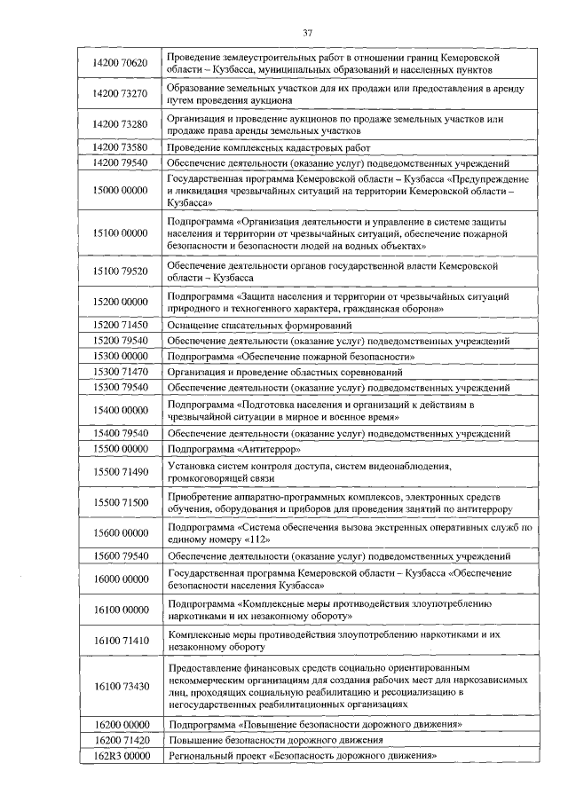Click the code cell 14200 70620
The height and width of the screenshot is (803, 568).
120,63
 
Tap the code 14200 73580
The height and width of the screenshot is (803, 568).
120,147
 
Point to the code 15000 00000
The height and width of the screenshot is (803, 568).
120,191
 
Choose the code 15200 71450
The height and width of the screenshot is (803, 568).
120,326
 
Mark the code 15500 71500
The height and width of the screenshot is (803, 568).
120,503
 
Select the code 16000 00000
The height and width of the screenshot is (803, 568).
120,579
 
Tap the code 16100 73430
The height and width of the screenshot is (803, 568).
120,685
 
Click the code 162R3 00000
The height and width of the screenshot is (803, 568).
120,756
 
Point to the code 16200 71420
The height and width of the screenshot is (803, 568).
120,740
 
